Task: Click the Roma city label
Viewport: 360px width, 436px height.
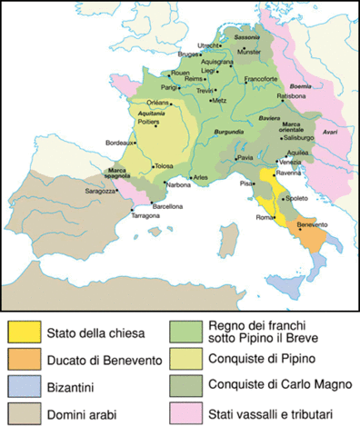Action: click(x=263, y=217)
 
